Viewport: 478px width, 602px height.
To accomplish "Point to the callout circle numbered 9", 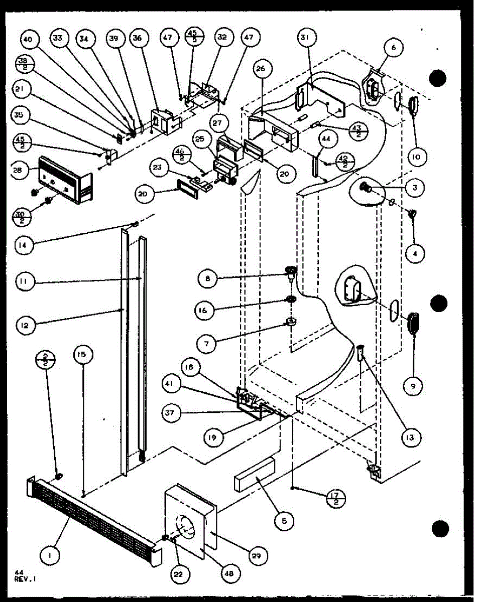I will click(x=415, y=385).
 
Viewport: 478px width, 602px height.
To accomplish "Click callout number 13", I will click(x=410, y=437).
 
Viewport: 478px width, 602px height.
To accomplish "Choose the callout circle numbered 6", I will click(x=394, y=48).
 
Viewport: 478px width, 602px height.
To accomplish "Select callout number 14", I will click(x=25, y=245).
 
